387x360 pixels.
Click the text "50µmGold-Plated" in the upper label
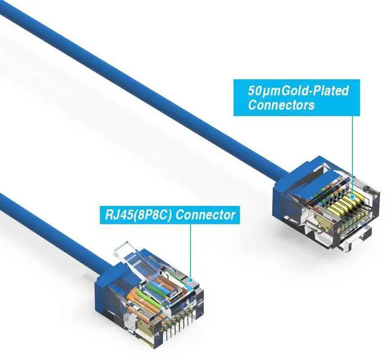pyautogui.click(x=298, y=91)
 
